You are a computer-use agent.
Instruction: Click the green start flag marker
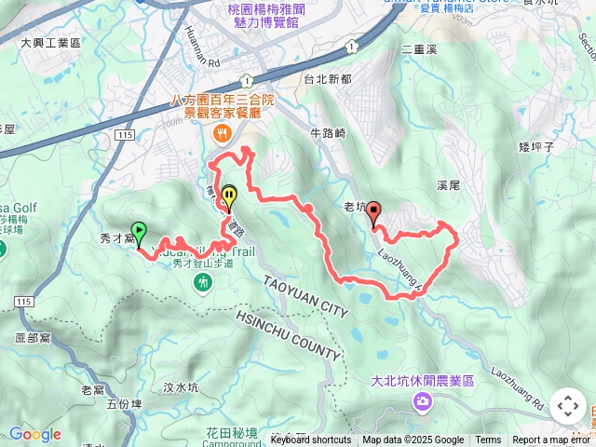click(x=139, y=232)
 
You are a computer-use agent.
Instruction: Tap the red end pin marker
click(x=373, y=213)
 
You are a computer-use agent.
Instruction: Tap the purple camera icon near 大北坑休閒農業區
click(x=423, y=400)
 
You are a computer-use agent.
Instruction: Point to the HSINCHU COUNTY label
click(x=290, y=333)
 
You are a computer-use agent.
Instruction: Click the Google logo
click(x=34, y=434)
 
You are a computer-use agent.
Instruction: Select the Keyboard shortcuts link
click(x=311, y=440)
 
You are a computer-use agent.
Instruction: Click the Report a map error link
click(x=550, y=440)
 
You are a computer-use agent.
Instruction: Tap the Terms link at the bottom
click(x=488, y=440)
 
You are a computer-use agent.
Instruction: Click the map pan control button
click(x=567, y=406)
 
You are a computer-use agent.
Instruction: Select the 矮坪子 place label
click(x=535, y=146)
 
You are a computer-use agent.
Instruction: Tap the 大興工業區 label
click(x=50, y=43)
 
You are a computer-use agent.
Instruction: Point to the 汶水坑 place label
click(x=181, y=387)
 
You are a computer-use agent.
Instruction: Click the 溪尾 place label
click(x=448, y=186)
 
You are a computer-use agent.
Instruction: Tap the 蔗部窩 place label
click(x=34, y=337)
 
